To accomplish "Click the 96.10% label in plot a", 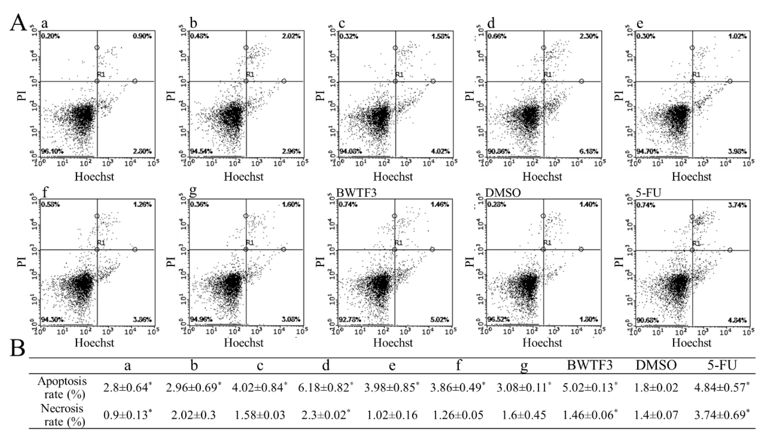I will (50, 151).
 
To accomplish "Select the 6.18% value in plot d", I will (589, 151).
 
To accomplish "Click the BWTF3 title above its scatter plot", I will (356, 193).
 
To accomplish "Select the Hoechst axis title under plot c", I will (393, 176).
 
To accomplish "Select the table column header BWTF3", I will (590, 366).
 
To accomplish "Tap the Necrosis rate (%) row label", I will (62, 415).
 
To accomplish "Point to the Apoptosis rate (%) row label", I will (62, 388).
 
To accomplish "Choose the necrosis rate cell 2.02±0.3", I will (193, 415).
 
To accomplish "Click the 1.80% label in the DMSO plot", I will (589, 320).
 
